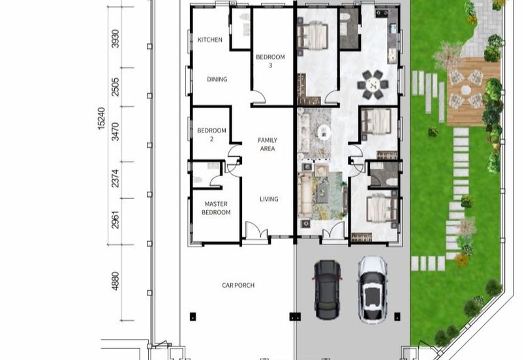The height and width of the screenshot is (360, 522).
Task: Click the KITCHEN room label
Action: pyautogui.click(x=209, y=40)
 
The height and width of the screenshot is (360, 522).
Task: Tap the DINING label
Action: pyautogui.click(x=217, y=79)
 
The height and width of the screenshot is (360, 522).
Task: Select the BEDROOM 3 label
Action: pyautogui.click(x=270, y=61)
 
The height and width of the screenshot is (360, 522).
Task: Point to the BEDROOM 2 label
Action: pyautogui.click(x=211, y=134)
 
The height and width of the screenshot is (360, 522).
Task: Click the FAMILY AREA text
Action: pyautogui.click(x=268, y=144)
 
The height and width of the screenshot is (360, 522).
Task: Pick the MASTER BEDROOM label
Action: pyautogui.click(x=216, y=208)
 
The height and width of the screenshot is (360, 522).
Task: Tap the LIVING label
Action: pyautogui.click(x=269, y=199)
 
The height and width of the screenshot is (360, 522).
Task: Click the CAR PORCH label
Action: pyautogui.click(x=238, y=285)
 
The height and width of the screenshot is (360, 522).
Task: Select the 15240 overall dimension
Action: pyautogui.click(x=101, y=118)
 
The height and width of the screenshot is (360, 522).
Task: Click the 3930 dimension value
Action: pyautogui.click(x=115, y=39)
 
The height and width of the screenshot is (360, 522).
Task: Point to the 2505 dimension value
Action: pyautogui.click(x=115, y=87)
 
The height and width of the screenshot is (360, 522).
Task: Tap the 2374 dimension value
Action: pyautogui.click(x=115, y=178)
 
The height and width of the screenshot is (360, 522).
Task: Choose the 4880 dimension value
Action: pyautogui.click(x=115, y=281)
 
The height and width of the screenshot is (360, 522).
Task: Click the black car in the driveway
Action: pyautogui.click(x=328, y=290)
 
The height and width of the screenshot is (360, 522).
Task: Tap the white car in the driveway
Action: pyautogui.click(x=373, y=290)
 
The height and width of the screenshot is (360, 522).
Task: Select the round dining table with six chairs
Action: pyautogui.click(x=373, y=85)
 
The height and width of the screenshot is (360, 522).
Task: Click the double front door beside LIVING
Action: pyautogui.click(x=256, y=230)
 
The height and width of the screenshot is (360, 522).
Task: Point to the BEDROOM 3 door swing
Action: pyautogui.click(x=258, y=97)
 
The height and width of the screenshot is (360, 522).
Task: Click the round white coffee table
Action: pyautogui.click(x=324, y=132)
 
